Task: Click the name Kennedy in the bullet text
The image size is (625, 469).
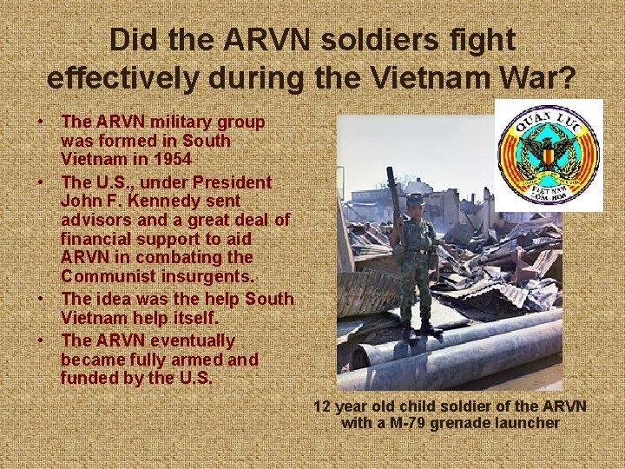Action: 172,201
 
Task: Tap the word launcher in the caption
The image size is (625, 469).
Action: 529,423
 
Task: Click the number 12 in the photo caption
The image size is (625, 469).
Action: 322,406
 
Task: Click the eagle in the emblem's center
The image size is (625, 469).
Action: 549,154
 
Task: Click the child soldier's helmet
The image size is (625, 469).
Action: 416,199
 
